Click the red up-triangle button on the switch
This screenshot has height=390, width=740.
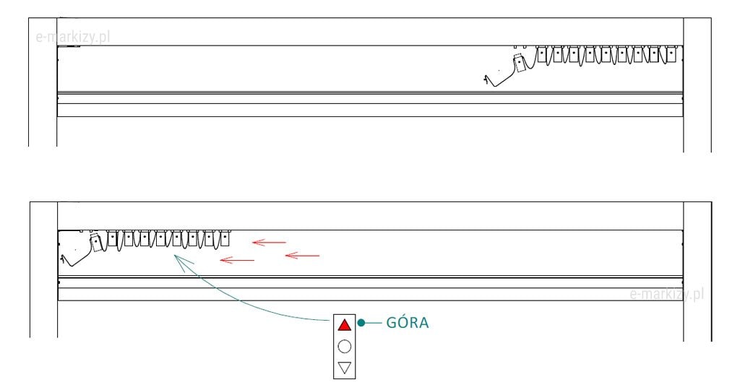coord(345,325)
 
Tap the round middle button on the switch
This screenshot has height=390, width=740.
coord(345,347)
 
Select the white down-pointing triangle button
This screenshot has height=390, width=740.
coord(345,368)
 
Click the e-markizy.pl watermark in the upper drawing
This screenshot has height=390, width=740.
coord(73,36)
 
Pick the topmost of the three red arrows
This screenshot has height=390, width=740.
coord(269,243)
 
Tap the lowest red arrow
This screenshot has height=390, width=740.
coord(237,259)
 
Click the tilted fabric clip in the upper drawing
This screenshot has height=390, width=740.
coord(520,64)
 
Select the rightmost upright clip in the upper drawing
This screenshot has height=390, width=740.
coord(671,54)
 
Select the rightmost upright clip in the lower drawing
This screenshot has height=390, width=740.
coord(225,237)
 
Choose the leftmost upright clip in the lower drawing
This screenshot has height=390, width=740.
coord(113,237)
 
